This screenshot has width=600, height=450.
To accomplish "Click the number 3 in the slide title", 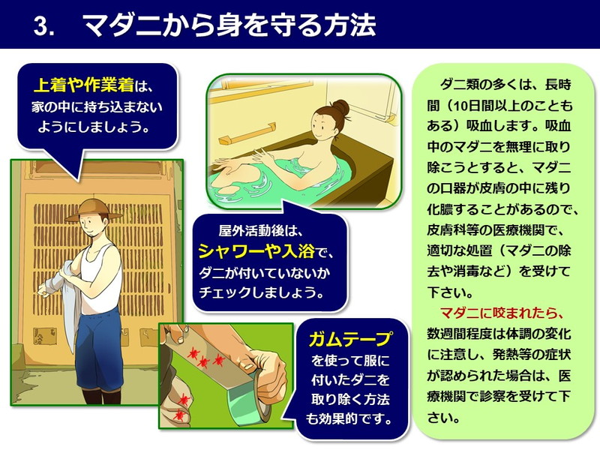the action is pos(41,26).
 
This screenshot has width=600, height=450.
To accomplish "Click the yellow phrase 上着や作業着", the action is pos(84,85).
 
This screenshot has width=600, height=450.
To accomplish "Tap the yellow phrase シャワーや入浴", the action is pos(256,251).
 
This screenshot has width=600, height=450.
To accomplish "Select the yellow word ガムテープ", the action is pos(349,339).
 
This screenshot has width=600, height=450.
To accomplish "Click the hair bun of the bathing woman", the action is pos(340,107).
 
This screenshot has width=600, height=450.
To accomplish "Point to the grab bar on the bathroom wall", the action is pos(250,133).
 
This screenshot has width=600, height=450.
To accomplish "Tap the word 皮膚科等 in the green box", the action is pos(453,230).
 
